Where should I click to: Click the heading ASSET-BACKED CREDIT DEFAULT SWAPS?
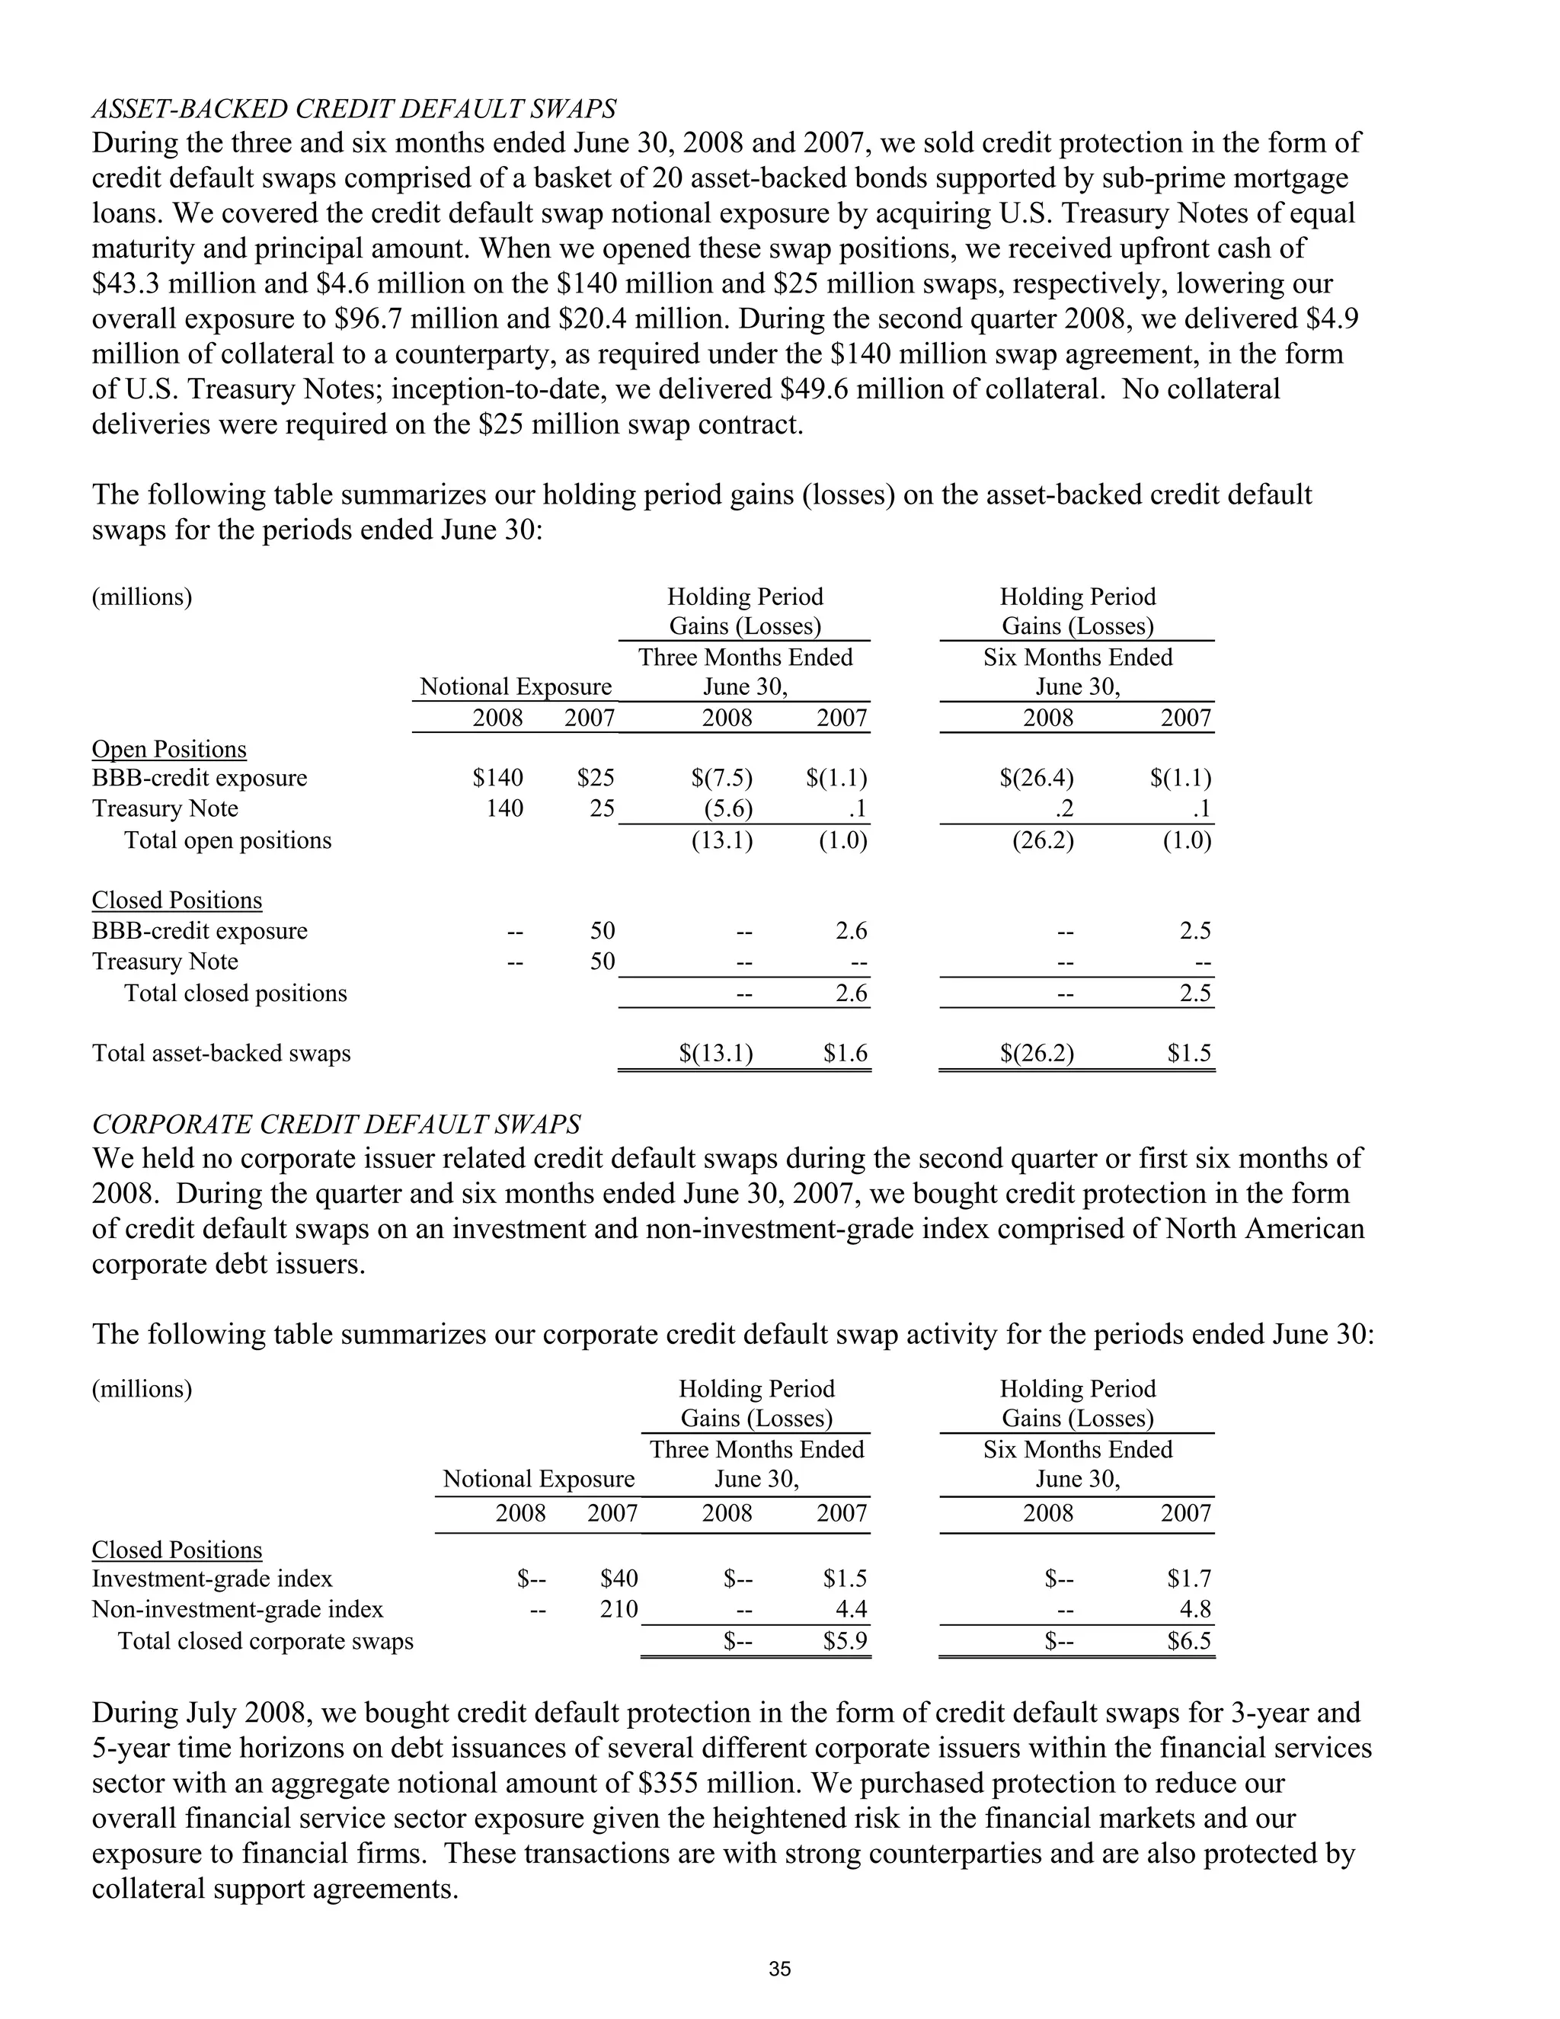354,109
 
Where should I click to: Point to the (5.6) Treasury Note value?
728,809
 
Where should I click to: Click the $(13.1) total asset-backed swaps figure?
716,1053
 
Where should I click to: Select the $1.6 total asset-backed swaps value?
846,1053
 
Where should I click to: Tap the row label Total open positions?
227,840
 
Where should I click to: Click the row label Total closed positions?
235,993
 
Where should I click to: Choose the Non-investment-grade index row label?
238,1608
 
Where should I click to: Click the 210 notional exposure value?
619,1608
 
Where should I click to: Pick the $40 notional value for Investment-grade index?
619,1578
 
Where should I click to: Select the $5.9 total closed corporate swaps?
846,1641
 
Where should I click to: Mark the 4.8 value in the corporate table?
1195,1608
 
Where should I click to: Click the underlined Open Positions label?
169,749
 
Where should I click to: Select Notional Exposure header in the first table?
516,687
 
